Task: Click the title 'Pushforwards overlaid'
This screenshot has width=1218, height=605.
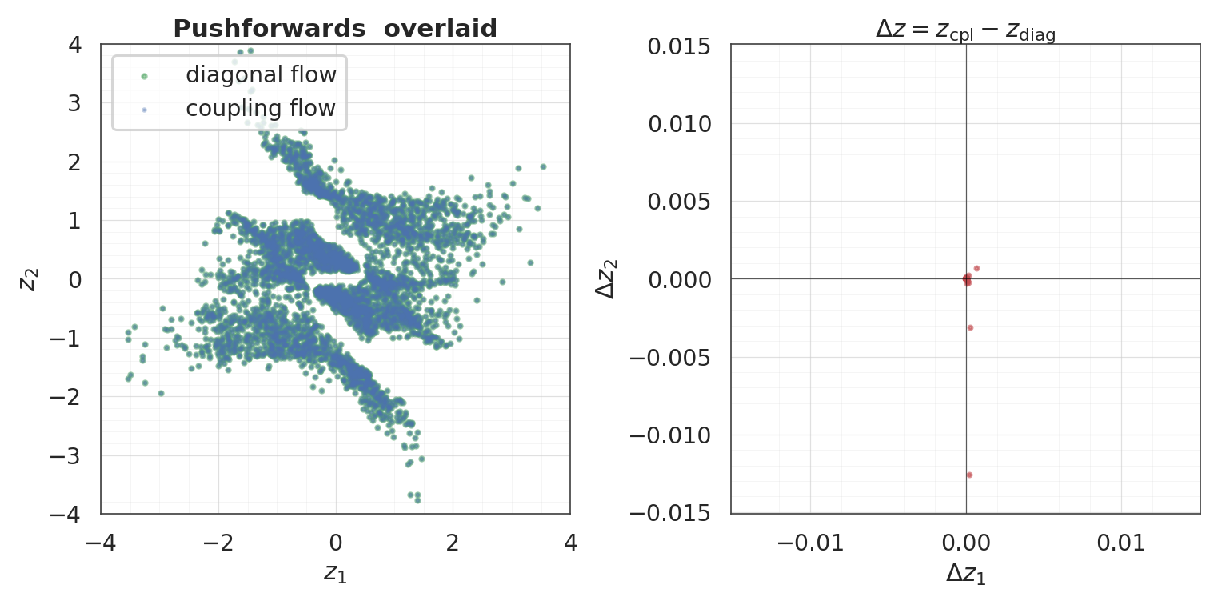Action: pyautogui.click(x=335, y=29)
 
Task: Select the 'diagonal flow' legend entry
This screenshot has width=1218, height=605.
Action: pyautogui.click(x=261, y=75)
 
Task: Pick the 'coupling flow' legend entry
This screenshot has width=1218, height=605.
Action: pyautogui.click(x=261, y=108)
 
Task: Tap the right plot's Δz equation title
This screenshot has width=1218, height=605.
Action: pyautogui.click(x=965, y=31)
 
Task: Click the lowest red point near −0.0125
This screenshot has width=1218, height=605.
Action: pyautogui.click(x=969, y=475)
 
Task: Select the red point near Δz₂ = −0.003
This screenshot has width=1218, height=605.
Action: pyautogui.click(x=970, y=327)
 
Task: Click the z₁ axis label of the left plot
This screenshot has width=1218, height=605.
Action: pyautogui.click(x=335, y=572)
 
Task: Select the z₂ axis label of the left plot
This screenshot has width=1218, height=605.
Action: pyautogui.click(x=29, y=278)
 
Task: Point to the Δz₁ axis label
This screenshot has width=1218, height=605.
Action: pyautogui.click(x=965, y=574)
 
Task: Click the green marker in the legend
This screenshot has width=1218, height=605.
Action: pyautogui.click(x=144, y=76)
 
